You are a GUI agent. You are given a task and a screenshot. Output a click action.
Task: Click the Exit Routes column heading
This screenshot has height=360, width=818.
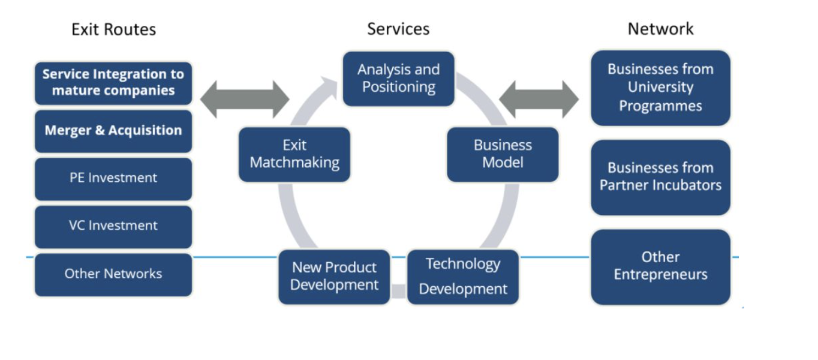click(x=113, y=29)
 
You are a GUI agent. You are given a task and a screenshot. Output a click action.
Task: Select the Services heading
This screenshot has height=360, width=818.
click(x=398, y=29)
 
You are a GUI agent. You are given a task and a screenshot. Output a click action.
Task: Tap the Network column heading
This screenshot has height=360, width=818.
click(x=660, y=29)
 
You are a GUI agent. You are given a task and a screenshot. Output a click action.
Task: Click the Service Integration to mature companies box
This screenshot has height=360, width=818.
click(x=113, y=83)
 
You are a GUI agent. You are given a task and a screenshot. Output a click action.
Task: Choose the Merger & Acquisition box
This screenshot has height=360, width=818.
click(x=113, y=131)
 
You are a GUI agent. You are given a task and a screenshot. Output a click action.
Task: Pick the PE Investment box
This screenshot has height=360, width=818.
click(x=113, y=178)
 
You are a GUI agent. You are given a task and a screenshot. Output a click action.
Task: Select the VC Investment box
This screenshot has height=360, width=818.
click(x=113, y=226)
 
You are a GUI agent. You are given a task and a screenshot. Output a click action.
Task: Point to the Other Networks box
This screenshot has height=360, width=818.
click(x=113, y=274)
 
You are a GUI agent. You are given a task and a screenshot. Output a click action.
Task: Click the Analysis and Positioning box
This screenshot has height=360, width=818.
click(x=399, y=79)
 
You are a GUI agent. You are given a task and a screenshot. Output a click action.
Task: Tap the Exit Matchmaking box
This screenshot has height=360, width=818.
click(x=294, y=154)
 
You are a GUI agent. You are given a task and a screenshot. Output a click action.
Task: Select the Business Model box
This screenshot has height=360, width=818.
click(x=503, y=154)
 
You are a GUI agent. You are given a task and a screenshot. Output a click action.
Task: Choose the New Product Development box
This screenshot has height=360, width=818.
click(x=334, y=277)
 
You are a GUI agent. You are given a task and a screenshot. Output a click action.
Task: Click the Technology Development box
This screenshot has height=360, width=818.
click(x=463, y=277)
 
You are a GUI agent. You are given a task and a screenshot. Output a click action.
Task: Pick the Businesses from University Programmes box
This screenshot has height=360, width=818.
click(x=660, y=88)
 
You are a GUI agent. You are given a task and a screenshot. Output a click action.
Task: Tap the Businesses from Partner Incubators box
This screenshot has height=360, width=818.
click(x=660, y=177)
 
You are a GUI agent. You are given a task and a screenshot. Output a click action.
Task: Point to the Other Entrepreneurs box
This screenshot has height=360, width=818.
click(x=660, y=266)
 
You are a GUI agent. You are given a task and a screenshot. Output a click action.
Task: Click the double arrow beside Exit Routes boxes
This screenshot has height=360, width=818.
click(x=245, y=99)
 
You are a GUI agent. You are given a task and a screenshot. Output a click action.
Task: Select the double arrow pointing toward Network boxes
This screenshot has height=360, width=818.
click(x=539, y=99)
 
